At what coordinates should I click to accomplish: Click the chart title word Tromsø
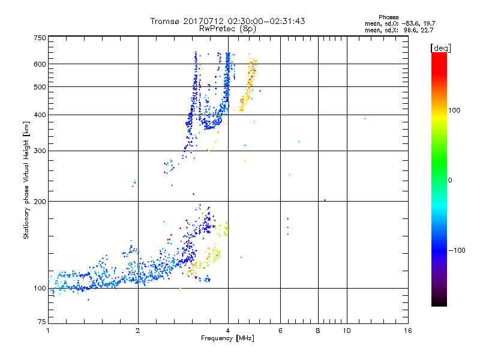point(165,21)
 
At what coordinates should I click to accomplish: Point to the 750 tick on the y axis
point(40,38)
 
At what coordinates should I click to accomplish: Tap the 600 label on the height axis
point(40,64)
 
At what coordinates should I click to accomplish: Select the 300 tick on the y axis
point(40,151)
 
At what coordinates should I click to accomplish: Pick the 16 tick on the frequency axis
point(407,331)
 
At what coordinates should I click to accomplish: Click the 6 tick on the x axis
point(280,331)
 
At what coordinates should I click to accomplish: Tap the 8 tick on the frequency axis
point(318,331)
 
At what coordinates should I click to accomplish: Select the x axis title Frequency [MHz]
point(227,339)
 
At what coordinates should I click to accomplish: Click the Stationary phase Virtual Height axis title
point(26,180)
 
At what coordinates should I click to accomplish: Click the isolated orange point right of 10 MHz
point(365,118)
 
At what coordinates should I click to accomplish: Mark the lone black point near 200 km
point(325,200)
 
